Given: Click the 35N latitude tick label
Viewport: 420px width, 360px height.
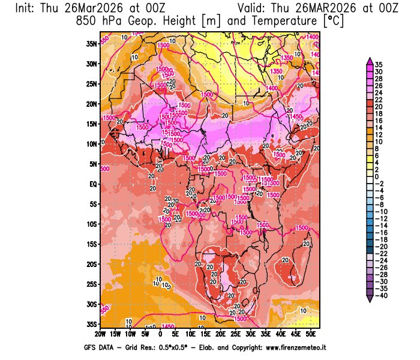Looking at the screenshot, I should pyautogui.click(x=91, y=43).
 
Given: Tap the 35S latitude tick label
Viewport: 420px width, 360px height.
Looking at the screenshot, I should pyautogui.click(x=92, y=324).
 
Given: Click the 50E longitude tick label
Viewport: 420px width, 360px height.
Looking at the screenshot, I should pyautogui.click(x=311, y=334).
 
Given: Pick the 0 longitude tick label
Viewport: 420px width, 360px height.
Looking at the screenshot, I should pyautogui.click(x=160, y=334).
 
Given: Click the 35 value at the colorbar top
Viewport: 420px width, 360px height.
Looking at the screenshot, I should pyautogui.click(x=379, y=64).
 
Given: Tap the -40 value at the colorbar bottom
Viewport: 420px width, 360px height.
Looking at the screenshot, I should pyautogui.click(x=380, y=296).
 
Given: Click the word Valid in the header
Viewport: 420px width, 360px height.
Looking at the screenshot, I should pyautogui.click(x=254, y=8).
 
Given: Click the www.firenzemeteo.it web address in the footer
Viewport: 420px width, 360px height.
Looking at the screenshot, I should pyautogui.click(x=286, y=347).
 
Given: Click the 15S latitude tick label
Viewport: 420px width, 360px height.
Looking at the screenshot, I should pyautogui.click(x=92, y=244).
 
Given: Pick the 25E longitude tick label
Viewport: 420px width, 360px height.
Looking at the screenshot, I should pyautogui.click(x=236, y=334).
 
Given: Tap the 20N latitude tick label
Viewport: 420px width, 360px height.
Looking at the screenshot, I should pyautogui.click(x=91, y=103).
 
